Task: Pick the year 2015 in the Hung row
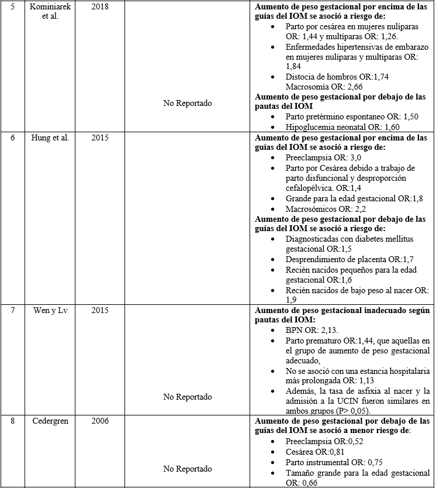coord(100,138)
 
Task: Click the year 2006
coord(100,422)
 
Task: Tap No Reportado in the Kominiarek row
coord(187,103)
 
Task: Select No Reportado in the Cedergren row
coord(187,469)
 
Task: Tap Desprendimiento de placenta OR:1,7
coord(344,259)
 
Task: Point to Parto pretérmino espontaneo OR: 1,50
coord(352,116)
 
